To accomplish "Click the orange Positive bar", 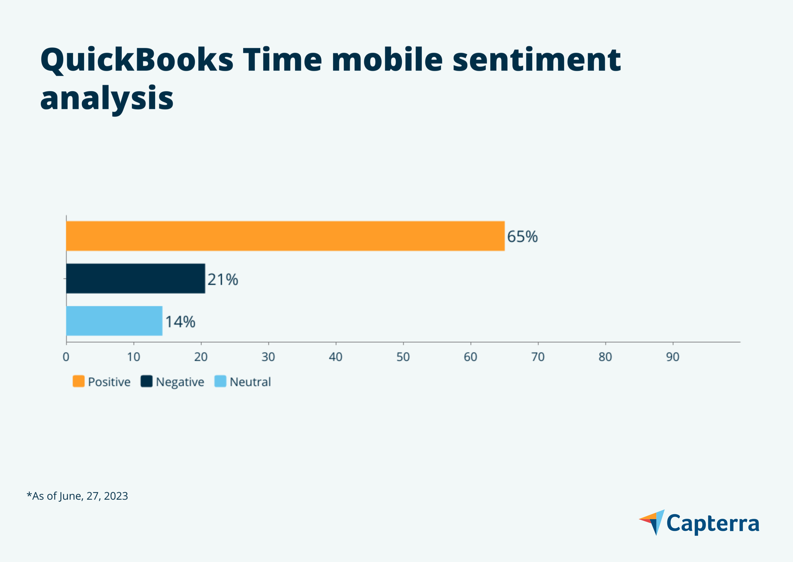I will point(285,236).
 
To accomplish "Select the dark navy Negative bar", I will point(135,279).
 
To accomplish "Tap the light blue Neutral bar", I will point(114,321).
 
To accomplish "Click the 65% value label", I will point(522,237).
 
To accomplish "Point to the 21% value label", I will point(222,280).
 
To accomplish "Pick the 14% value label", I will point(180,322).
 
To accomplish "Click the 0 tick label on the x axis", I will point(66,357).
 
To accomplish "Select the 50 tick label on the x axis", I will point(403,357).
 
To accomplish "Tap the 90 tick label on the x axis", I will point(672,357).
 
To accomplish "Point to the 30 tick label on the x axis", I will point(268,357).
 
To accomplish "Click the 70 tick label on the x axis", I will point(538,357).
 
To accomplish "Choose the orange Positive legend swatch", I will point(78,381).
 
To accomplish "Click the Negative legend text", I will point(180,382).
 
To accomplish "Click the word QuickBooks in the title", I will point(137,60).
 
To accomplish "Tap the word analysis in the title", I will point(107,98).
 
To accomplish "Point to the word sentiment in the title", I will point(536,60).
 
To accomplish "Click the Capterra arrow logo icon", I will point(652,522).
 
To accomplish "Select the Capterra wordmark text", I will point(713,524).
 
